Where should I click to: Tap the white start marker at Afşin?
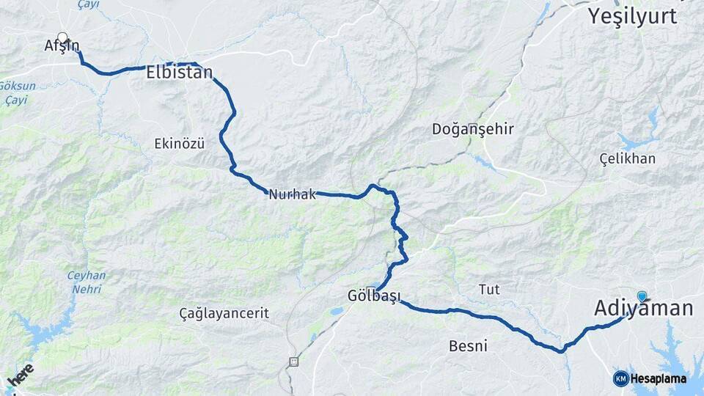pos(62,37)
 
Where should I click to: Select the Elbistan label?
pos(179,73)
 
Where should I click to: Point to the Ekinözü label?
pos(180,144)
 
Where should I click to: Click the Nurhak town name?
pos(292,195)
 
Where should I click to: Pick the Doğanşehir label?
pos(472,130)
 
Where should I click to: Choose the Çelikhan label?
pos(627,159)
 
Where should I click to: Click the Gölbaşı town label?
pos(373,296)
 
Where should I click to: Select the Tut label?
pos(489,290)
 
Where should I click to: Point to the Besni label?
pos(469,345)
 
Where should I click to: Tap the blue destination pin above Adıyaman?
pos(642,296)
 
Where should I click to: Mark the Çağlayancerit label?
pos(224,314)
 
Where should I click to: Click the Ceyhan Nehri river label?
pos(87,282)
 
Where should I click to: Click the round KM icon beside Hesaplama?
pos(620,378)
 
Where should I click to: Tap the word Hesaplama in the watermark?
pos(659,378)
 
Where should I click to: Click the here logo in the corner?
pos(21,375)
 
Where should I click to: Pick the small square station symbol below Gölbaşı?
pos(294,361)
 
